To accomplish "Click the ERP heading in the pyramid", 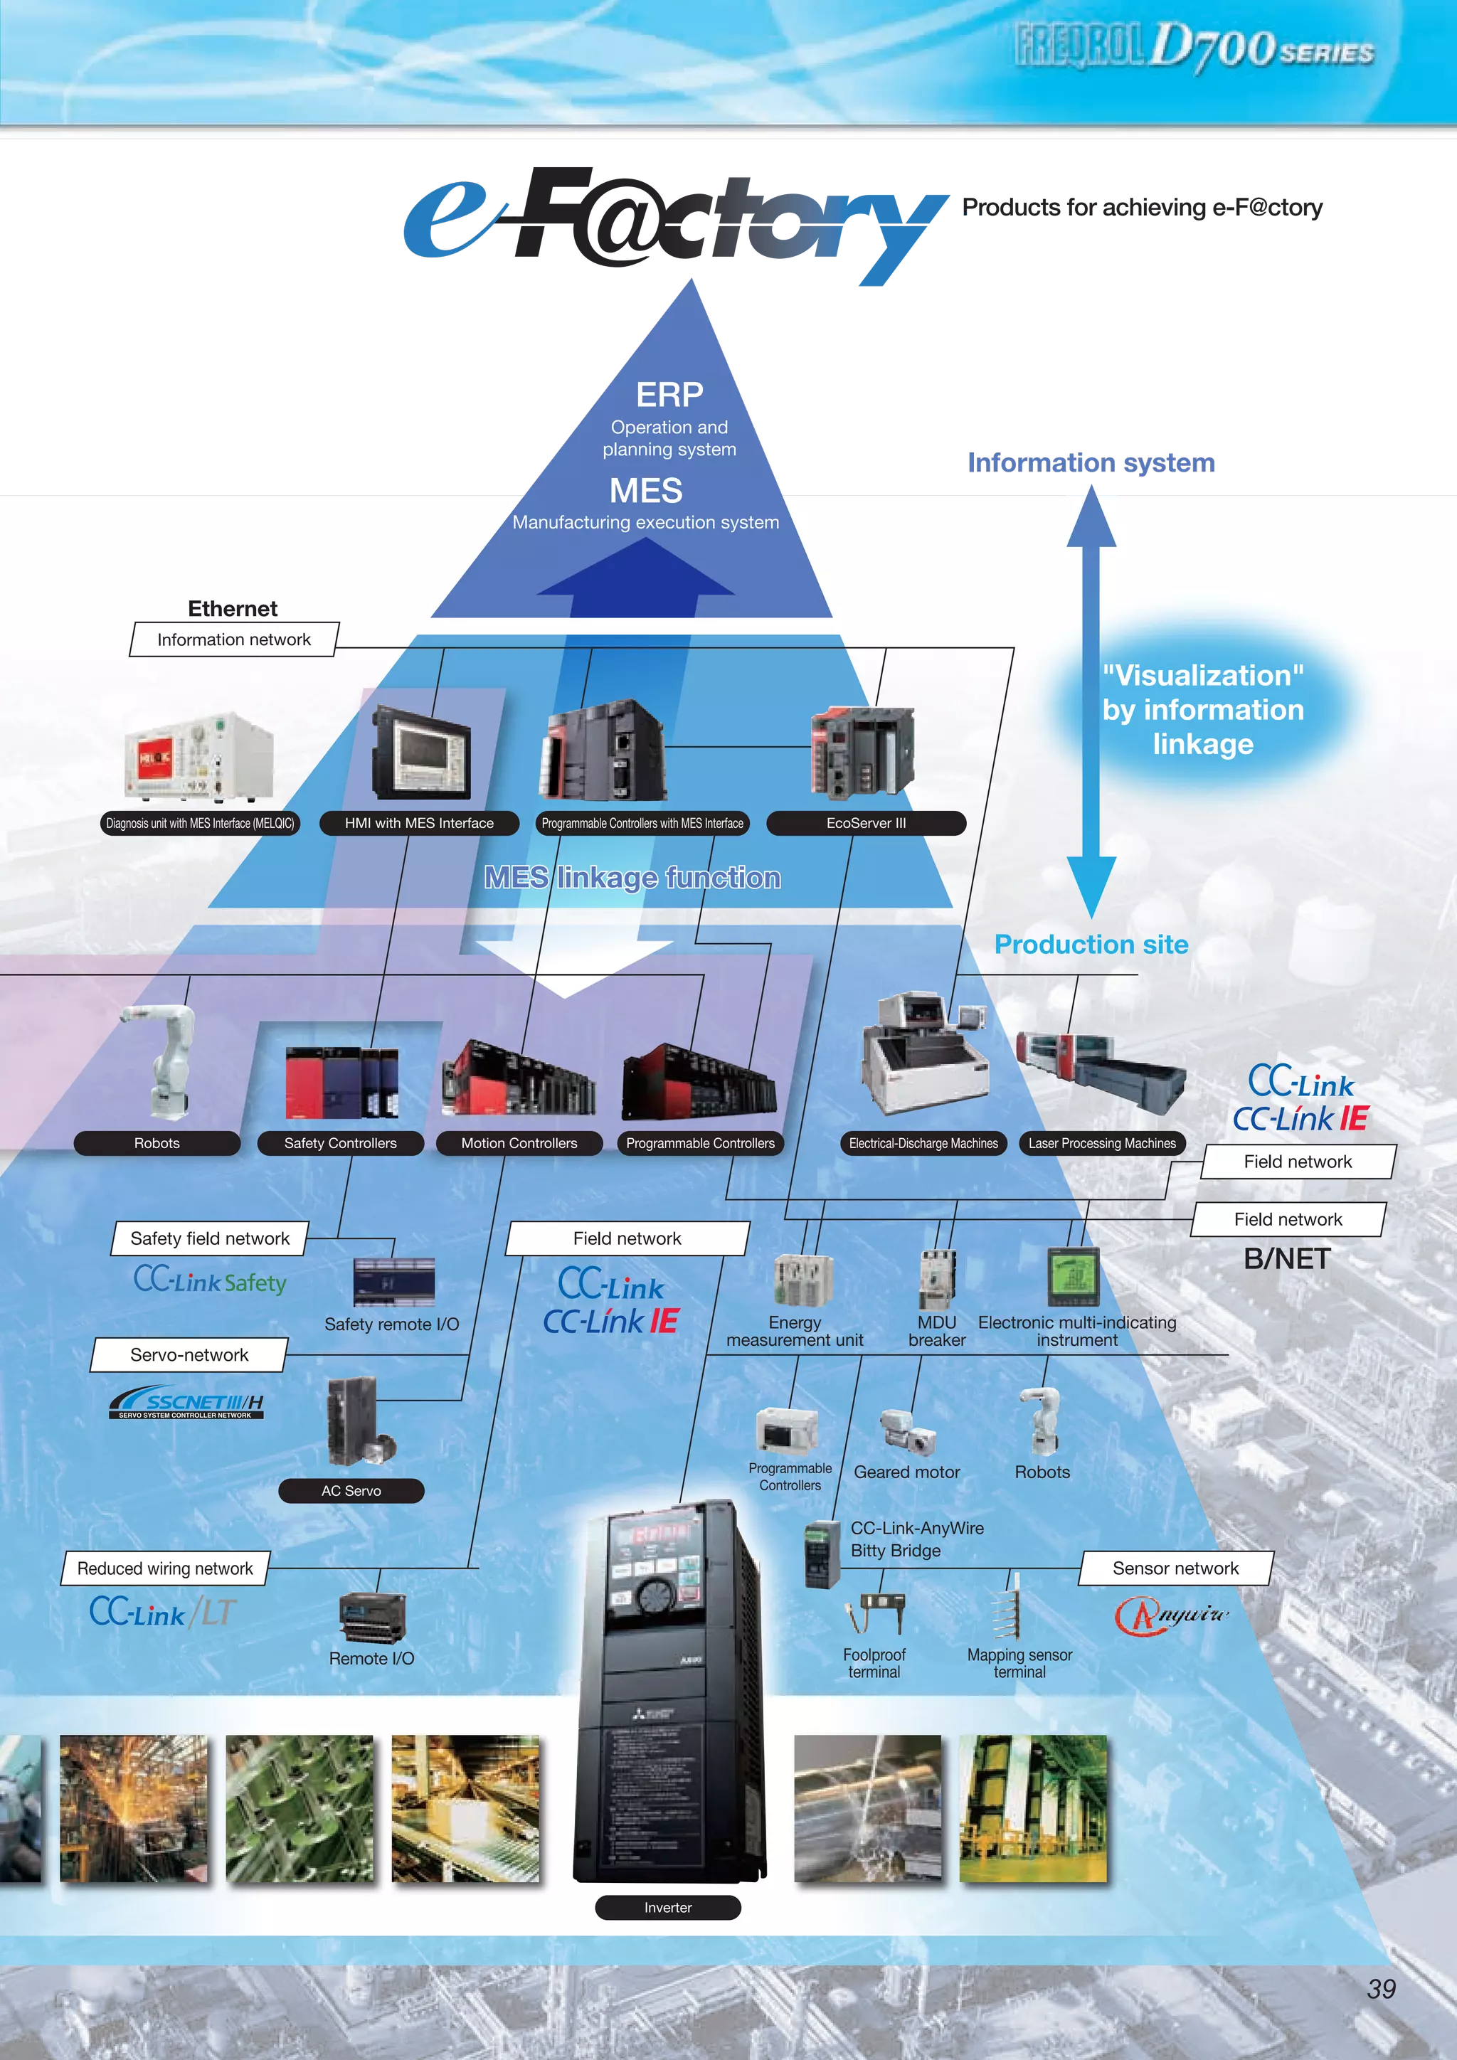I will point(669,395).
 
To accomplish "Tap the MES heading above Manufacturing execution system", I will point(645,491).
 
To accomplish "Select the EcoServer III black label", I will point(866,823).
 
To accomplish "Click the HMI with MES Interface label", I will point(419,823).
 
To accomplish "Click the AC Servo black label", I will point(351,1490).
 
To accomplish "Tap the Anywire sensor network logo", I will point(1171,1615).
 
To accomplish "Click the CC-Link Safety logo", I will point(210,1281).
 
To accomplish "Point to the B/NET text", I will point(1286,1259).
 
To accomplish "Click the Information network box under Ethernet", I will point(233,639).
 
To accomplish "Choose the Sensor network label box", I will point(1175,1568).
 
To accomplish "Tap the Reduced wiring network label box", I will point(165,1568).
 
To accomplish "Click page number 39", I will point(1382,1988).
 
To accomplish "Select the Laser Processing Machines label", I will point(1102,1143).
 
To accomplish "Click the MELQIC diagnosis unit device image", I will point(199,756).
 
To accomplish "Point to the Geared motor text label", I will point(906,1472).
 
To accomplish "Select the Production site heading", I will point(1091,945).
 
